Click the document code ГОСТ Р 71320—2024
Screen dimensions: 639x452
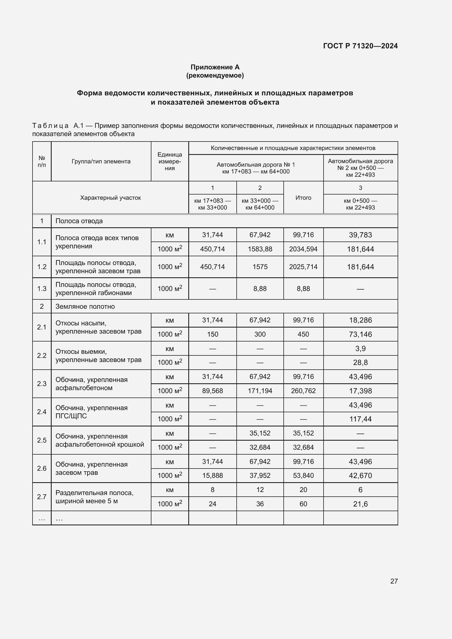point(360,46)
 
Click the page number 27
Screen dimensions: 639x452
point(394,581)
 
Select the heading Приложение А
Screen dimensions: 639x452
point(215,67)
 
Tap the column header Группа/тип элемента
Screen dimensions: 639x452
point(101,161)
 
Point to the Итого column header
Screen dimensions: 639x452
point(303,198)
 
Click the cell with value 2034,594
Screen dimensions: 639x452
point(303,249)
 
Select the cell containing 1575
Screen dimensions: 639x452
point(260,267)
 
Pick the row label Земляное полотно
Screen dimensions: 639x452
point(85,307)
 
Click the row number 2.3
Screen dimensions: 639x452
point(42,384)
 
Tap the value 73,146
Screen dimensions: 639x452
point(360,334)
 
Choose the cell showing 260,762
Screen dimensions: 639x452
point(303,391)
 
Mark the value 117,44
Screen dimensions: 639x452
point(360,419)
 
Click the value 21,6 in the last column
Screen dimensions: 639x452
point(360,504)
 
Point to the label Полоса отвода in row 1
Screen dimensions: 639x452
point(79,221)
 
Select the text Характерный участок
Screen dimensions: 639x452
point(110,198)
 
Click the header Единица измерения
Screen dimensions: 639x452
point(169,161)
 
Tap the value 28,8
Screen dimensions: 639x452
point(360,362)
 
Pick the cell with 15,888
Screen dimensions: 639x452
point(212,475)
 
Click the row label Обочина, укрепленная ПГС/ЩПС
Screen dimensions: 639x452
point(91,412)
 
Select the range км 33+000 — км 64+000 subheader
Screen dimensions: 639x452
point(260,204)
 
